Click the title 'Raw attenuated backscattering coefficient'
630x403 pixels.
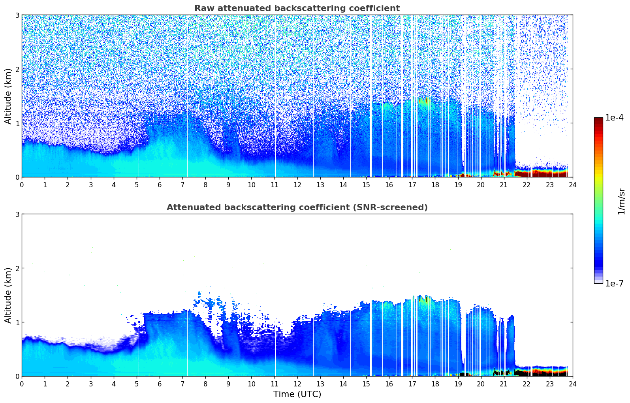click(x=297, y=8)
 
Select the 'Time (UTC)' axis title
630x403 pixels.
click(x=297, y=394)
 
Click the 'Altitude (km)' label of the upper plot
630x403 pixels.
click(x=8, y=96)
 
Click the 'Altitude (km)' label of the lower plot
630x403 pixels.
click(x=8, y=295)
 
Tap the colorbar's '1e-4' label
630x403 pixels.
click(x=614, y=118)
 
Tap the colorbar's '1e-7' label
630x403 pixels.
click(x=614, y=283)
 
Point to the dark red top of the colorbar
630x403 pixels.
click(x=598, y=120)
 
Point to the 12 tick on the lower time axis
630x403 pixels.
click(x=297, y=384)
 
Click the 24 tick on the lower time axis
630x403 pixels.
click(x=572, y=384)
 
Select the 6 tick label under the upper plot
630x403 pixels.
click(x=160, y=185)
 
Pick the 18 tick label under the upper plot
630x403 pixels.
click(x=435, y=185)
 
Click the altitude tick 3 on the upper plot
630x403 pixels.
click(x=17, y=15)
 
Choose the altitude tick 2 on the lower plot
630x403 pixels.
click(x=17, y=268)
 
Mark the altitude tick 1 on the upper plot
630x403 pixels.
click(x=17, y=123)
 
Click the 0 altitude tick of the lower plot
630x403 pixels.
click(x=17, y=376)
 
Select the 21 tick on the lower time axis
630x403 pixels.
click(x=504, y=384)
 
